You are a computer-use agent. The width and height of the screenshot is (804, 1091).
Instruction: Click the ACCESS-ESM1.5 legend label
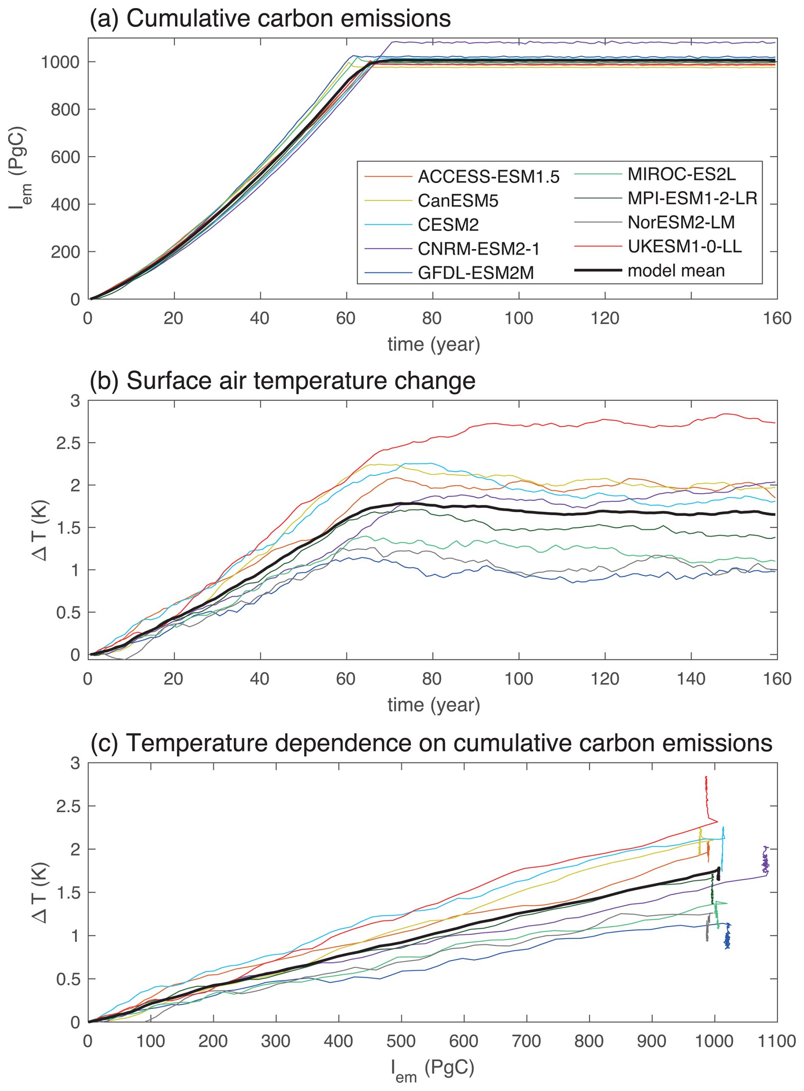coord(488,177)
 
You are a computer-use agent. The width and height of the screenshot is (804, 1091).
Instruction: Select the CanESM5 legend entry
coord(458,201)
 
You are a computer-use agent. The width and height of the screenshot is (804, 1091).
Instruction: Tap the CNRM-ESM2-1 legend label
coord(478,249)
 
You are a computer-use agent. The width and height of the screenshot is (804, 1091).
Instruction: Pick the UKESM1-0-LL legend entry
coord(684,246)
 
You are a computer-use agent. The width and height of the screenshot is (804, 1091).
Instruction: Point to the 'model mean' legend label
coord(676,271)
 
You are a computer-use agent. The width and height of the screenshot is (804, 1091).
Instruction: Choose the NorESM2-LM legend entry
coord(681,222)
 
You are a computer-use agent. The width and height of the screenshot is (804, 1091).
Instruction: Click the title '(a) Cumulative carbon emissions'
coord(270,19)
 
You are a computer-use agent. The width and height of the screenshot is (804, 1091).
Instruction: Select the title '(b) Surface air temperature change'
coord(282,380)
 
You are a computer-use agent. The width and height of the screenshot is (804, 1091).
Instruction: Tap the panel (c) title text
coord(431,742)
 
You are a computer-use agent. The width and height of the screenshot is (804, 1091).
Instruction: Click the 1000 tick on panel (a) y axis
coord(60,62)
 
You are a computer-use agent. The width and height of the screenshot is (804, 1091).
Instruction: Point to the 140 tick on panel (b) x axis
coord(691,678)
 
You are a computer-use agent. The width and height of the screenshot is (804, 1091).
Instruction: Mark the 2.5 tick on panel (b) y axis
coord(68,443)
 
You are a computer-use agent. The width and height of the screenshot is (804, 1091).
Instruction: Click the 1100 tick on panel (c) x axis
coord(777,1041)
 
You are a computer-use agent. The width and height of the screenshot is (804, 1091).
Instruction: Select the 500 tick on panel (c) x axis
coord(402,1041)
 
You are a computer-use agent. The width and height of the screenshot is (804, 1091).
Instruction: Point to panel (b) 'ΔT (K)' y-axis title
coord(40,530)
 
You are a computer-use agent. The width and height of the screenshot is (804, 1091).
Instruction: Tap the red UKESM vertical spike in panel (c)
coord(706,798)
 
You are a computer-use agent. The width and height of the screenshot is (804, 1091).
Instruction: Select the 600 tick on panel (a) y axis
coord(65,157)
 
